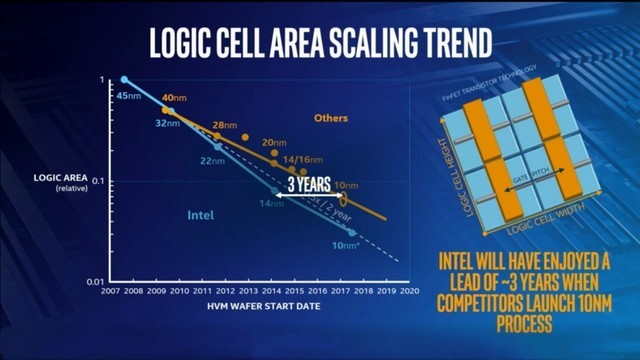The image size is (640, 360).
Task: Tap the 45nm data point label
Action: (128, 95)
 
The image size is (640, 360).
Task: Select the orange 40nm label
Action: (174, 97)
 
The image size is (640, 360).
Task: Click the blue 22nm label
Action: (213, 160)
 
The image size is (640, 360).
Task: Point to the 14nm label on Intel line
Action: (271, 204)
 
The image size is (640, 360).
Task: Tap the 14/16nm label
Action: (302, 159)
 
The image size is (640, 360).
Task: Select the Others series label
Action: (330, 118)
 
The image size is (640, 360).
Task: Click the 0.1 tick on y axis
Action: (99, 181)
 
